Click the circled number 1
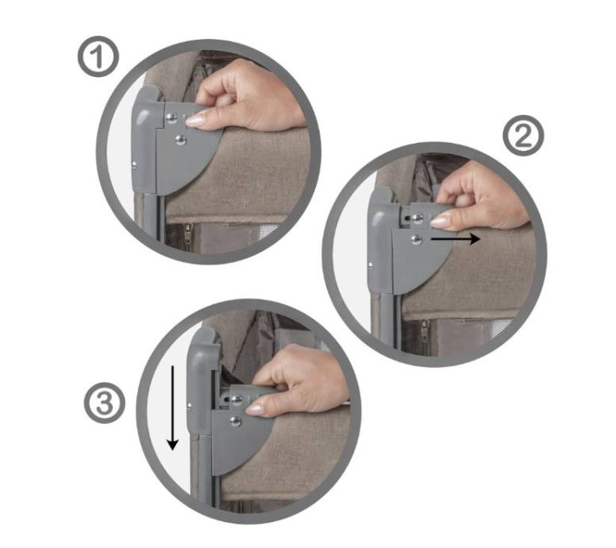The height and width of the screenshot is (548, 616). (98, 56)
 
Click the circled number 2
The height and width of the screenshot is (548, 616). (523, 136)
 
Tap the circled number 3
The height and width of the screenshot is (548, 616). (105, 403)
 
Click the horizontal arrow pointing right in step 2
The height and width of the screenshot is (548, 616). (456, 238)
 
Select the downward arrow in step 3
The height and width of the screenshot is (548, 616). (172, 407)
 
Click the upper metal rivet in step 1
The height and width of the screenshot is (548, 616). (171, 118)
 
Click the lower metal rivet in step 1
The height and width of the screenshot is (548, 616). (180, 139)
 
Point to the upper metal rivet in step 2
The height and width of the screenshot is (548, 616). (418, 218)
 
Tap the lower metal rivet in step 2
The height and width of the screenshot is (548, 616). (416, 239)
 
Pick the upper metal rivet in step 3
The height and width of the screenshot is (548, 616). (237, 400)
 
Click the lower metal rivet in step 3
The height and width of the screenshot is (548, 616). (235, 422)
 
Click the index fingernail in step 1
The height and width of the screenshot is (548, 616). (195, 120)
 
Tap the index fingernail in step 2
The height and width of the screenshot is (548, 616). (440, 222)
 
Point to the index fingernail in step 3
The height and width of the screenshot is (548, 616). (254, 410)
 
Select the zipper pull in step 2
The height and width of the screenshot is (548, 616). (424, 328)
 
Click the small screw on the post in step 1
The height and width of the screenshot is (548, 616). (134, 165)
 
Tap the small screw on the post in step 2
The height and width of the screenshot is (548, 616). (370, 266)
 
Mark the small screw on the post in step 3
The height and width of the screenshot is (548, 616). (190, 406)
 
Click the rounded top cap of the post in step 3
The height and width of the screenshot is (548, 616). (204, 343)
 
